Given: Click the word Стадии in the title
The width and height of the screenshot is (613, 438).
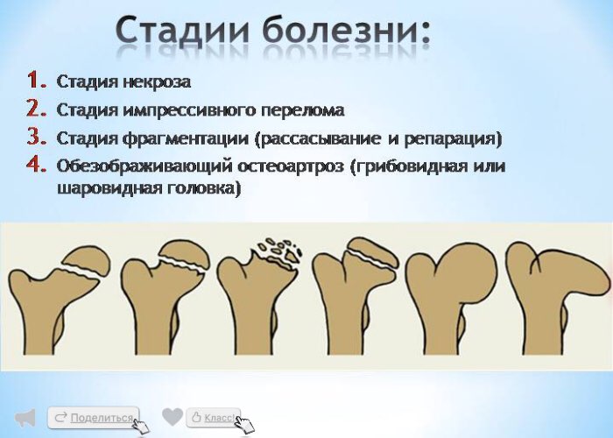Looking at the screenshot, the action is pos(183,32).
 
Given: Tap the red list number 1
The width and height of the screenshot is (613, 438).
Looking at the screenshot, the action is pos(37,81).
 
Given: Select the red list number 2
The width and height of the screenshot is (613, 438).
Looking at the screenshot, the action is pos(37,109).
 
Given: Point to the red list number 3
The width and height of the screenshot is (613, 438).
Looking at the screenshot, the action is pos(37,137).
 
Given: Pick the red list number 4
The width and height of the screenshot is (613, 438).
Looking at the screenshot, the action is pos(37,165).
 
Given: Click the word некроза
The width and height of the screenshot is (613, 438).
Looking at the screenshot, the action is pos(157,81).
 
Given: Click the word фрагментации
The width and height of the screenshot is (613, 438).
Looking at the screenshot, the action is pos(186,138).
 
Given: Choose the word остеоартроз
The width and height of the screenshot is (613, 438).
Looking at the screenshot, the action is pos(291,166).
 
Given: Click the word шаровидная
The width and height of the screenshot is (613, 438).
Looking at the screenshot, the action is pos(109,188).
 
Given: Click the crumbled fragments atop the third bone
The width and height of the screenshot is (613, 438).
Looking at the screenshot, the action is pos(278,250).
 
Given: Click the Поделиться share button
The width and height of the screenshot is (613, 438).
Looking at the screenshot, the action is pos(94,418).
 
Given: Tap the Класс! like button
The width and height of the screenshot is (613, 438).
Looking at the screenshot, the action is pos(214,418).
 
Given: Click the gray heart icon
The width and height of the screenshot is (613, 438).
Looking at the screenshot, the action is pos(173,417).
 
